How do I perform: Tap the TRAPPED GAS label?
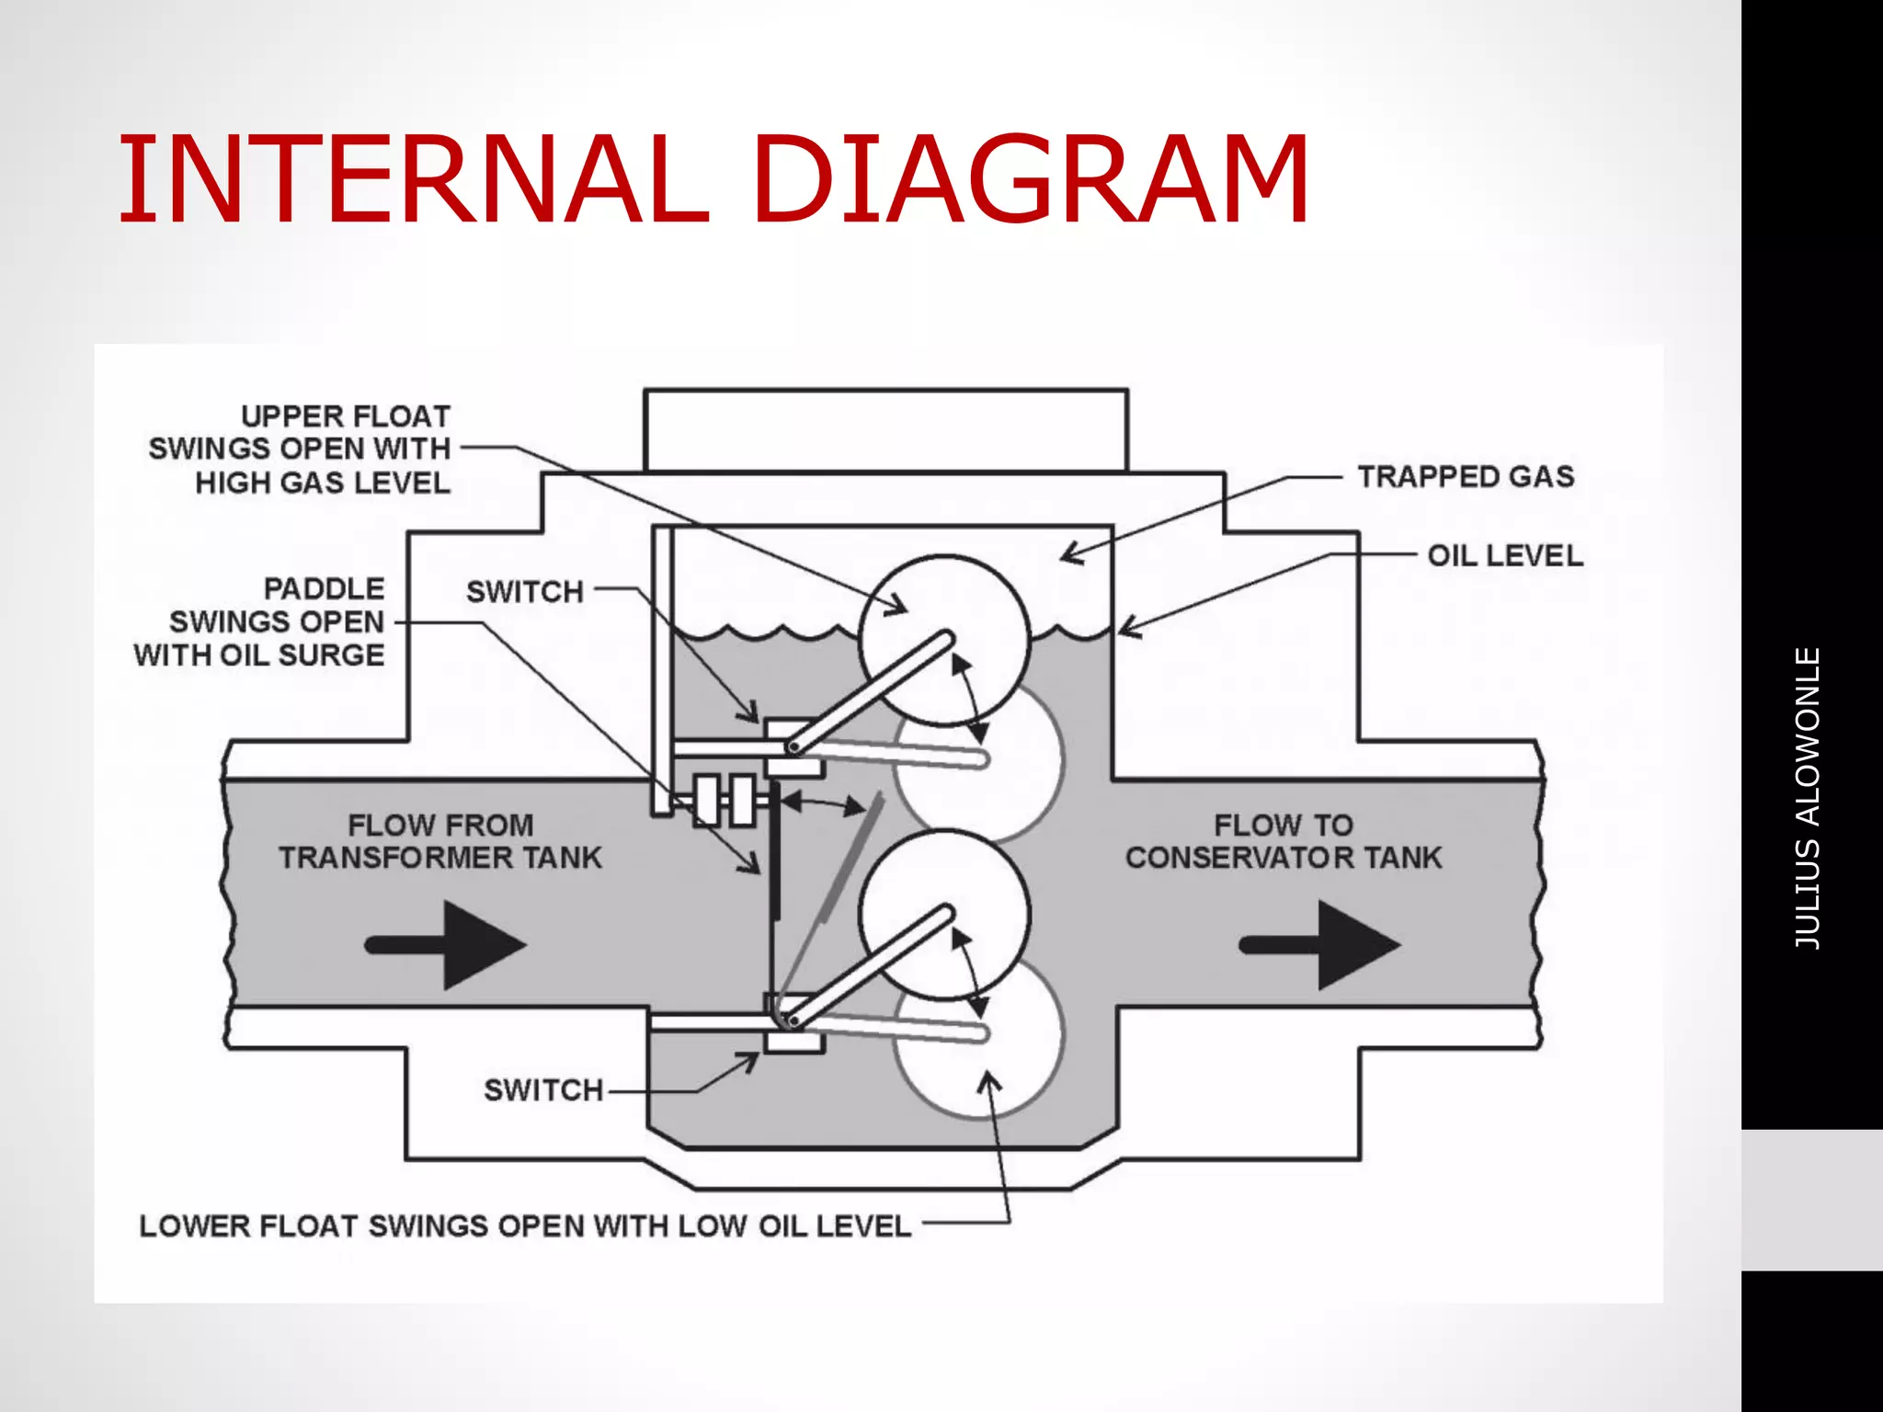coord(1466,477)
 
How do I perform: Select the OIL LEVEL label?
coord(1504,556)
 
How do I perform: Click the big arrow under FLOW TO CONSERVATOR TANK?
coord(1321,945)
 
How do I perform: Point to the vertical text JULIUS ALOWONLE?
coord(1808,798)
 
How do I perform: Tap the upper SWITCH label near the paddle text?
coord(525,592)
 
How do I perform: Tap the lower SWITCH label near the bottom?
coord(542,1090)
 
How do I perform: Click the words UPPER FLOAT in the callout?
coord(346,417)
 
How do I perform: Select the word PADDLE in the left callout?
coord(324,589)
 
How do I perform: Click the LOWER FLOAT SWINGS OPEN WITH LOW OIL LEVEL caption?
coord(525,1226)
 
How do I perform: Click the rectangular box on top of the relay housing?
coord(885,430)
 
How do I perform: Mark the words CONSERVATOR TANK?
coord(1284,859)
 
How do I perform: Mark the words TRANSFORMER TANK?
coord(440,859)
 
